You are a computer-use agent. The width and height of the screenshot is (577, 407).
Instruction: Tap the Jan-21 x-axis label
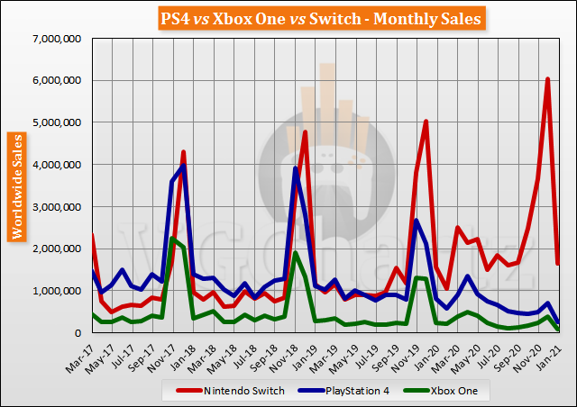pyautogui.click(x=559, y=354)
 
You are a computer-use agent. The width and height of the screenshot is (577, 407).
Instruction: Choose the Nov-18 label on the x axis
pyautogui.click(x=294, y=354)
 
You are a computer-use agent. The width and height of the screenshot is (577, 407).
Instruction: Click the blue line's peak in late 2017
pyautogui.click(x=183, y=166)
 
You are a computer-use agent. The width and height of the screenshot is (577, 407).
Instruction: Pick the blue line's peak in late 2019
pyautogui.click(x=416, y=221)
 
